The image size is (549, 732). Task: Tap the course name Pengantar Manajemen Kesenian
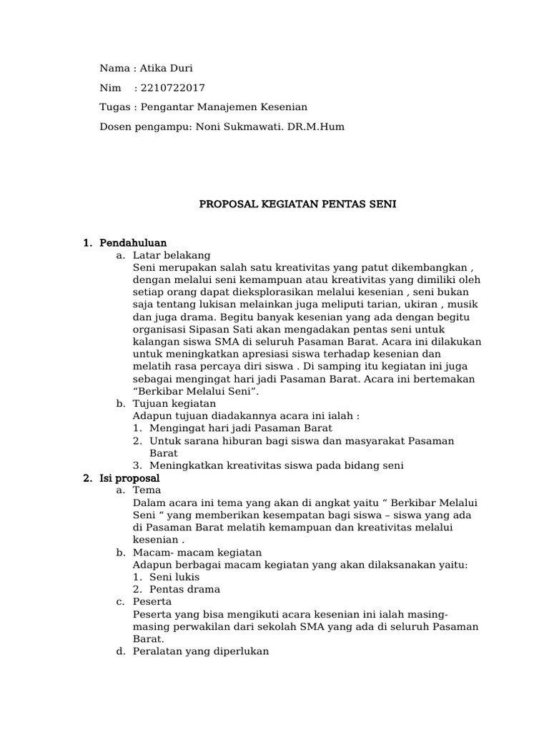click(224, 107)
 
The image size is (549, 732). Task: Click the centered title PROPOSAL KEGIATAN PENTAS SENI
click(297, 204)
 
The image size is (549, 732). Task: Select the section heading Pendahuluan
click(134, 243)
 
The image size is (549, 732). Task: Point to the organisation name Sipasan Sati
click(222, 330)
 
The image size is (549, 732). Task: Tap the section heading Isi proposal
click(130, 478)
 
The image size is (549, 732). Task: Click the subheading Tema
click(147, 490)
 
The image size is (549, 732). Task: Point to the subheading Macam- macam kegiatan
click(197, 553)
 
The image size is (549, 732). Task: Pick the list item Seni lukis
click(174, 577)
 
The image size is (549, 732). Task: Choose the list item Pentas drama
click(184, 589)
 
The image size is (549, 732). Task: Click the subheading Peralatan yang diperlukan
click(201, 651)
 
